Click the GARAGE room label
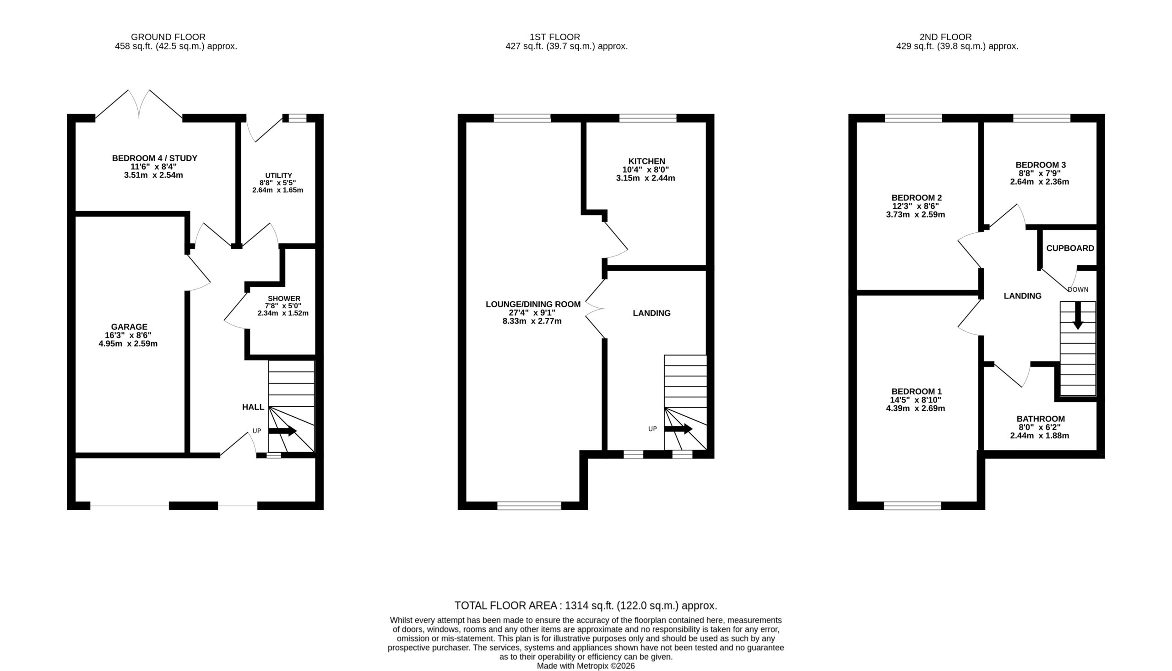(x=129, y=327)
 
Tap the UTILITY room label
(x=279, y=175)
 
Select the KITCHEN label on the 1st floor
(x=646, y=161)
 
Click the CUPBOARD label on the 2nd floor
(x=1070, y=248)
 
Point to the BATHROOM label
(x=1041, y=419)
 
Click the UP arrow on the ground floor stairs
(x=282, y=431)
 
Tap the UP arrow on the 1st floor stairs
(x=678, y=429)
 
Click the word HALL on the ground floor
(x=253, y=407)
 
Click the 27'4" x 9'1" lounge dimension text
(x=532, y=312)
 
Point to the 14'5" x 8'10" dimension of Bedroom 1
(x=916, y=400)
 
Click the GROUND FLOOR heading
(x=168, y=37)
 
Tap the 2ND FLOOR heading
(x=945, y=37)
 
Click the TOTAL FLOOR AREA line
(x=586, y=606)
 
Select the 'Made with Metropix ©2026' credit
(x=586, y=666)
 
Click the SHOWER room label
(x=284, y=299)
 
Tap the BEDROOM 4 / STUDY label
(x=155, y=158)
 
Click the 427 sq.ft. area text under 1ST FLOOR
(x=566, y=47)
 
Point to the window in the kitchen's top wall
(x=647, y=118)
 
